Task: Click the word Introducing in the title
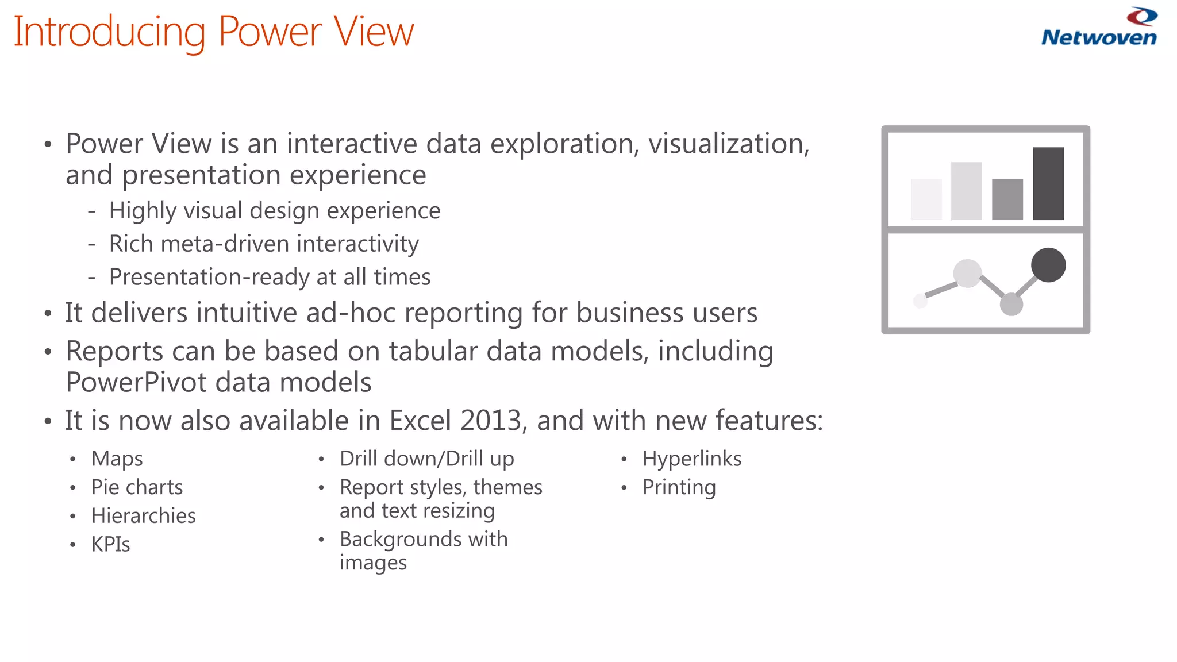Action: (109, 32)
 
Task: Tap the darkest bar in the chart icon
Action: (1048, 184)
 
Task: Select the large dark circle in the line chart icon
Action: (1048, 265)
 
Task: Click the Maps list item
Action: (117, 459)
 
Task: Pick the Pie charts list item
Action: (137, 487)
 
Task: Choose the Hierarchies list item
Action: (143, 516)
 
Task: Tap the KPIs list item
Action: (110, 545)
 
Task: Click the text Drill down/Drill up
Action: (426, 459)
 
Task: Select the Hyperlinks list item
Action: (691, 459)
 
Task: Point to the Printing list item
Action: (679, 488)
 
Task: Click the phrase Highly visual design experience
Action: (275, 211)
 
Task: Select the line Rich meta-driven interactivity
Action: (264, 244)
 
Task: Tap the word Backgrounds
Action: (400, 540)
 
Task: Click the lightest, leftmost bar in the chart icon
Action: (926, 199)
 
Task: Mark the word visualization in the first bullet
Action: (728, 144)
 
